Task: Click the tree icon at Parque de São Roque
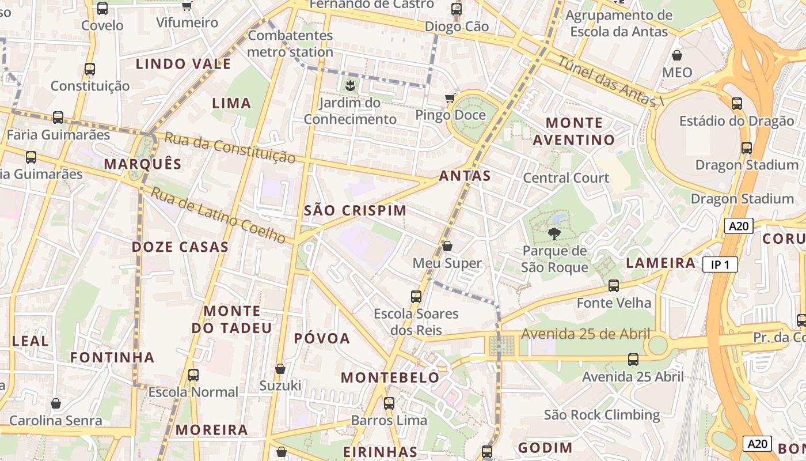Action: pos(554,233)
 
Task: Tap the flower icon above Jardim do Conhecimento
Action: pos(349,86)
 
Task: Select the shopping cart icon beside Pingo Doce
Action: pos(450,99)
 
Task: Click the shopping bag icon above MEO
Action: pos(677,55)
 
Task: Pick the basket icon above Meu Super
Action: pos(447,246)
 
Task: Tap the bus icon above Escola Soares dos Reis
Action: pos(416,297)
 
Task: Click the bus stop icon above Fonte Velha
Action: pos(614,285)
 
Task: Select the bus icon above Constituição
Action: pos(90,69)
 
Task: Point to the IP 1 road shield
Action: pos(720,264)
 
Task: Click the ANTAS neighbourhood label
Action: pos(465,176)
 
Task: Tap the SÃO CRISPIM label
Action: pos(355,211)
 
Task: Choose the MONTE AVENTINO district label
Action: pos(574,131)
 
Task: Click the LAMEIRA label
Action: pos(660,263)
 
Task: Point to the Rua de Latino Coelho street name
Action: pos(218,215)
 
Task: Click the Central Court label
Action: pos(565,178)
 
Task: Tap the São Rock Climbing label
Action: pos(602,415)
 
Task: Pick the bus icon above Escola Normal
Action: pos(193,375)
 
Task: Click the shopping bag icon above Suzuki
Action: pos(280,369)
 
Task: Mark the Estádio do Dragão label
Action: pos(736,121)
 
